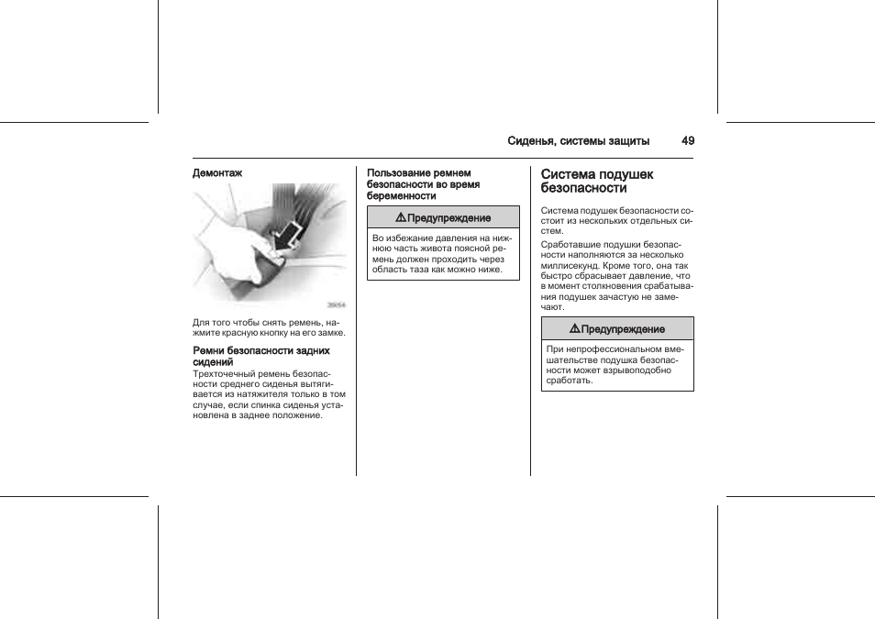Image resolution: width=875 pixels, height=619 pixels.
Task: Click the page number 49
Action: (x=688, y=141)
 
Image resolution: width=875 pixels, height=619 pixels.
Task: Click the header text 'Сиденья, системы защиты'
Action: (x=579, y=141)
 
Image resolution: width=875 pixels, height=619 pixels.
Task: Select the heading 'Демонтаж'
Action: (x=217, y=172)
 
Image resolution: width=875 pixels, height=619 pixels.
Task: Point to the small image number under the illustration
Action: (x=337, y=306)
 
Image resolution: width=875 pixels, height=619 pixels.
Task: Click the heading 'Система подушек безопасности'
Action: (x=597, y=181)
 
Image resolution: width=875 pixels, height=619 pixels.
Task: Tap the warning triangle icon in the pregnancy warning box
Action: (x=401, y=217)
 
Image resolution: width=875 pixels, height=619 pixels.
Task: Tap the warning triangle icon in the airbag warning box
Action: (x=574, y=328)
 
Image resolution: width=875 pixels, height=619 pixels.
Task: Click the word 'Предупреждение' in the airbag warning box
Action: (x=624, y=329)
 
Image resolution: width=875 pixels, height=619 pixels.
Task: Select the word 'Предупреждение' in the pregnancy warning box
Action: (x=449, y=218)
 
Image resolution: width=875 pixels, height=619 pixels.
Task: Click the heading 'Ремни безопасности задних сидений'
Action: (x=260, y=357)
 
